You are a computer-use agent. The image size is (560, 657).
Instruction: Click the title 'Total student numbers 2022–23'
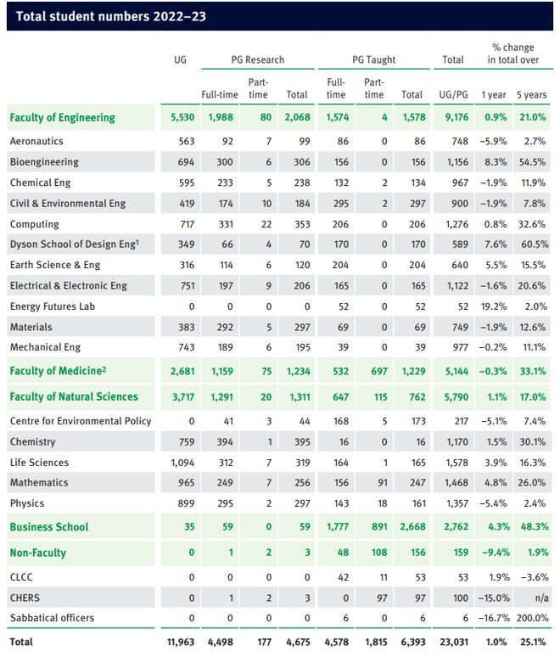tap(111, 16)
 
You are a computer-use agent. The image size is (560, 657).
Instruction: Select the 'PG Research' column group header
tap(258, 60)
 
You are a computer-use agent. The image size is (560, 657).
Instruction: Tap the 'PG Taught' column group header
tap(373, 60)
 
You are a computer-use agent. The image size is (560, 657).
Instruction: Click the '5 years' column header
tap(531, 95)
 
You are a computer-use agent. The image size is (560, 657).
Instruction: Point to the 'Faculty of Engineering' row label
tap(63, 118)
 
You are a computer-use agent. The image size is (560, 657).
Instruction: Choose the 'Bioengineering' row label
tap(44, 162)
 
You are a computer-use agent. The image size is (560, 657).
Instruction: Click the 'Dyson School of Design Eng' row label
tap(75, 244)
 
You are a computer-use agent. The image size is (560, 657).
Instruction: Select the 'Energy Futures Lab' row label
tap(53, 306)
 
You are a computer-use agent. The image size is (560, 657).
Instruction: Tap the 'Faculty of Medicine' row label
tap(58, 371)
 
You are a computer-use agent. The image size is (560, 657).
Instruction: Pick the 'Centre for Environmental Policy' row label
tap(81, 421)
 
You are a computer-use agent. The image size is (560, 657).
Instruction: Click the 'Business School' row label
tap(49, 527)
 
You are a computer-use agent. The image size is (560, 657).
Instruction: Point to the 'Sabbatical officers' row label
tap(52, 618)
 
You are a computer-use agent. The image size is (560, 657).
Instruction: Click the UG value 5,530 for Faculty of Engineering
tap(182, 117)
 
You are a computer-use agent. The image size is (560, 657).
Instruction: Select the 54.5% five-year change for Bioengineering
tap(532, 162)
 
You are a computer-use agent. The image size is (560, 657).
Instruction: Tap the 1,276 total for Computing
tap(457, 224)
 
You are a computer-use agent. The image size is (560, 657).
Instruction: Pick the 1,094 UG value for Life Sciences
tap(182, 463)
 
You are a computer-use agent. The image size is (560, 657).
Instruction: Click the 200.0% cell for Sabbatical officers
tap(532, 618)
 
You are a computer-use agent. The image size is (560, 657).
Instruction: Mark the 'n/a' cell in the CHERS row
tap(541, 598)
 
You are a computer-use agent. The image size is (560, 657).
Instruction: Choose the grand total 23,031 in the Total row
tap(454, 642)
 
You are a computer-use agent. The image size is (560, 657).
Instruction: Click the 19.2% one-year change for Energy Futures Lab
tap(494, 306)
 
